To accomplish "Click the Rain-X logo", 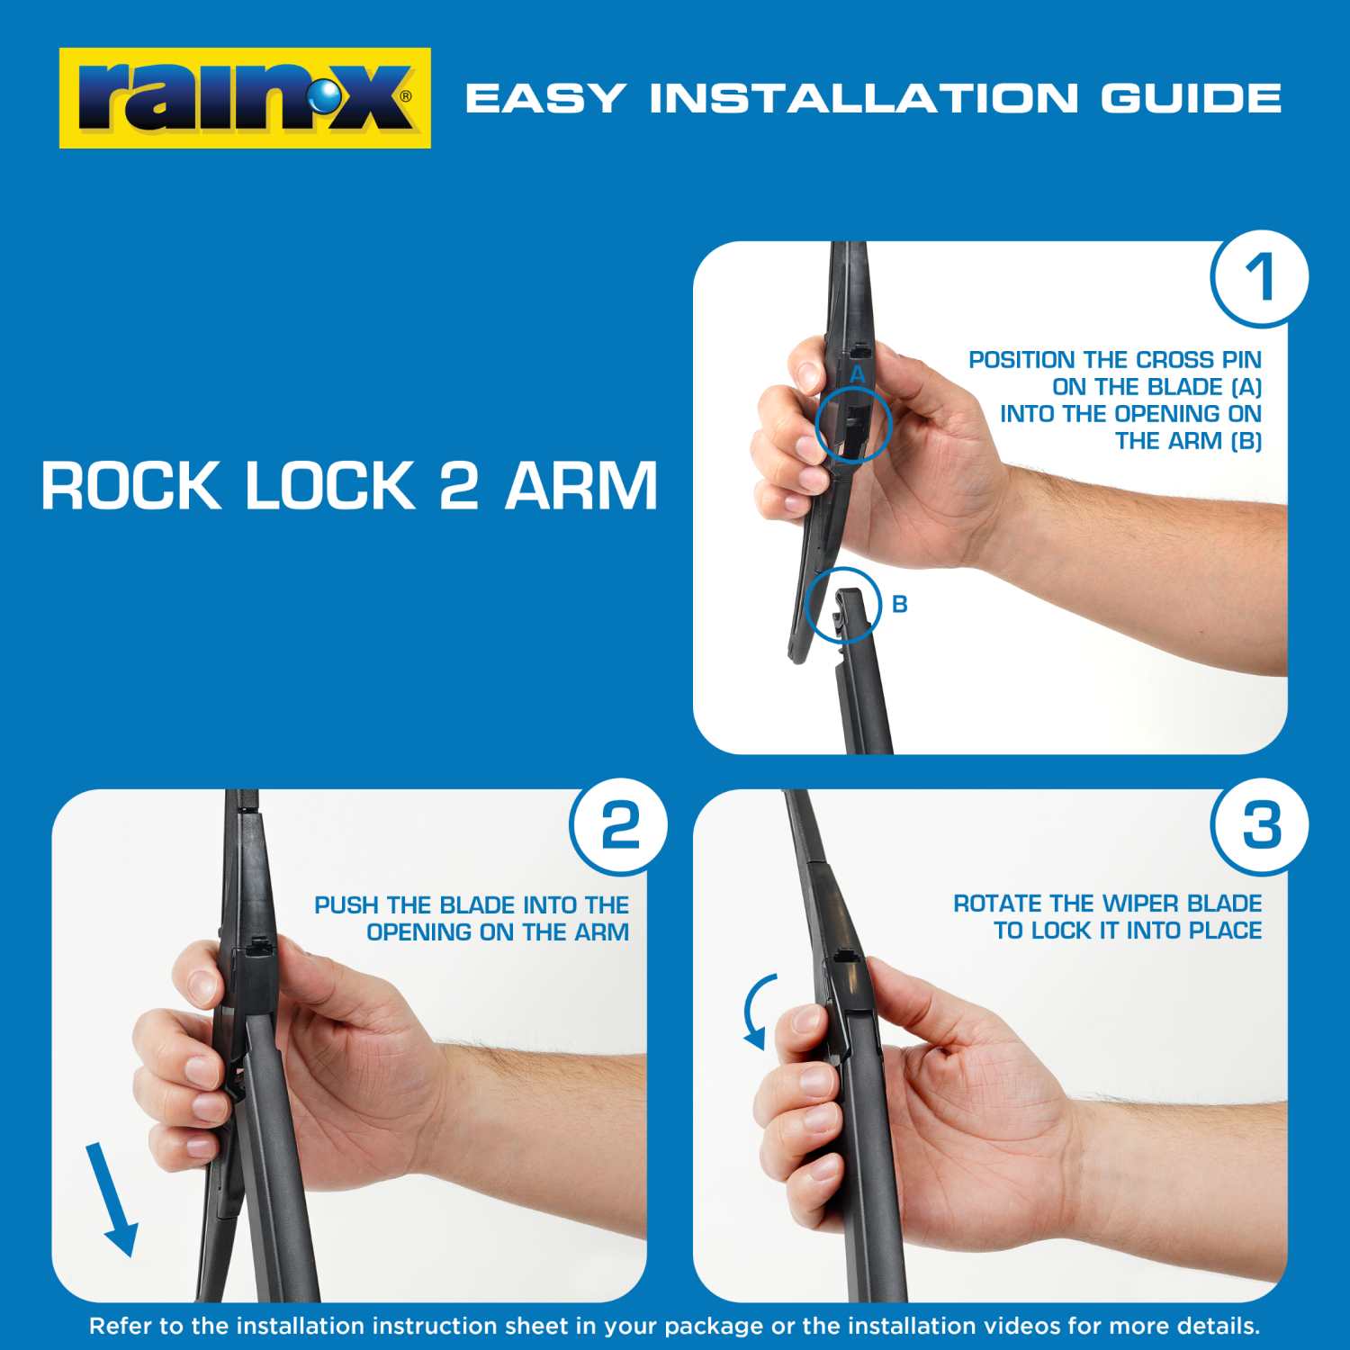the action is click(x=245, y=98).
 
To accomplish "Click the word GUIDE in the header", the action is click(x=1192, y=98).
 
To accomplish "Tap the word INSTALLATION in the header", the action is click(x=864, y=98).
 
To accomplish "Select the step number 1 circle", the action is click(x=1259, y=277).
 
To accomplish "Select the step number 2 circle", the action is click(x=619, y=826).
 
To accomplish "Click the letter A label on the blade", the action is click(x=857, y=374).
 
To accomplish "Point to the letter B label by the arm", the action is click(x=899, y=605).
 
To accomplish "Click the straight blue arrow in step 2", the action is click(x=112, y=1200).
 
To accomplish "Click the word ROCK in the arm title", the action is click(x=130, y=486).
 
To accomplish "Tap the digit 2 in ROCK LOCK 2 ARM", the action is click(x=459, y=486).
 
